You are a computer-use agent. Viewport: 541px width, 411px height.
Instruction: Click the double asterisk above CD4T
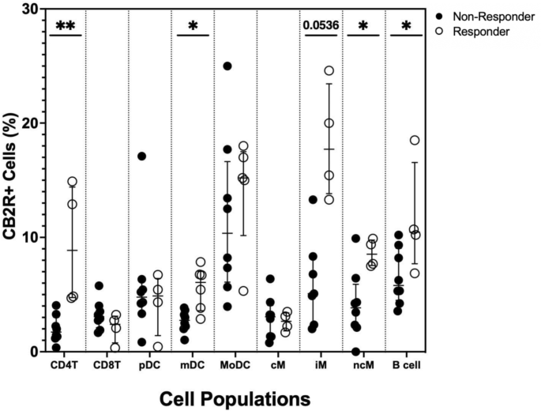[64, 25]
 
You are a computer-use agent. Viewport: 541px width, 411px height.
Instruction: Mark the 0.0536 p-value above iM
[320, 25]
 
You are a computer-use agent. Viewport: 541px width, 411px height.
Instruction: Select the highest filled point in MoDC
[227, 66]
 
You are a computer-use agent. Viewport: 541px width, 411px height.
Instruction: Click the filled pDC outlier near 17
[141, 156]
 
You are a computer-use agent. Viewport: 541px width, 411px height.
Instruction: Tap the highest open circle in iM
[329, 70]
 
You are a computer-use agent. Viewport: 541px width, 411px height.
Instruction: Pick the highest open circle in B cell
[415, 141]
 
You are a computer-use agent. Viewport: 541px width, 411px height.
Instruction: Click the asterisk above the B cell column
[405, 27]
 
